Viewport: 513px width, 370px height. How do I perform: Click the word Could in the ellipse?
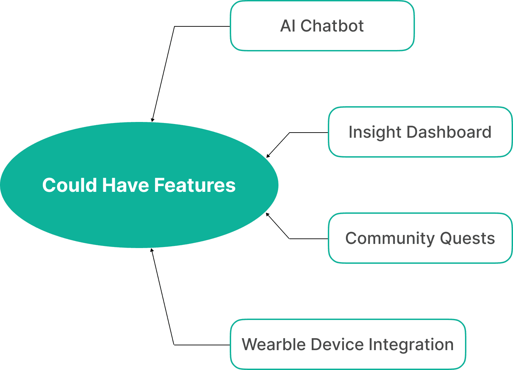point(70,185)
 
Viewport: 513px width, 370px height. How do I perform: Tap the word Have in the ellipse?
point(126,185)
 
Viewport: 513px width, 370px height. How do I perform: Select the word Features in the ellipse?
point(195,185)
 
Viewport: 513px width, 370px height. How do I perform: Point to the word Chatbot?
point(332,26)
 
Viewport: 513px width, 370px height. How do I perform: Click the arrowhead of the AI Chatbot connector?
point(153,120)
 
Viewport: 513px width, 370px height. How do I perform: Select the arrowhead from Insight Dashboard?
point(268,156)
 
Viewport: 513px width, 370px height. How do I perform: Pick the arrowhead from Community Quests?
point(267,214)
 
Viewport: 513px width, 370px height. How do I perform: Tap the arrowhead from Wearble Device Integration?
point(152,250)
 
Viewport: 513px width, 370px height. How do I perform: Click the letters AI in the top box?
point(288,26)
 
